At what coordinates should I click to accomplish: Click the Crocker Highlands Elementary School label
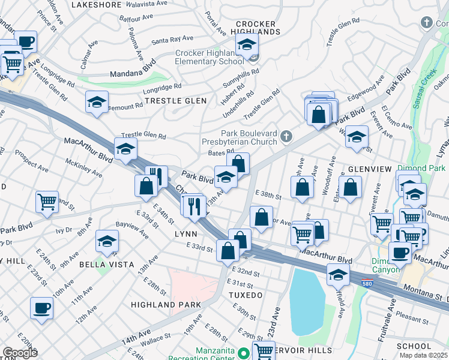point(209,57)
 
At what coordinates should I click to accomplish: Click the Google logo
point(20,353)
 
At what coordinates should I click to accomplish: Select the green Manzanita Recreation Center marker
point(243,352)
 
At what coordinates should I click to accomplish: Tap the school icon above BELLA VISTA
point(107,241)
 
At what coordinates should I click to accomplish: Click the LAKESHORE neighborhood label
point(97,4)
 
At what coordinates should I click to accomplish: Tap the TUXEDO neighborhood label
point(245,295)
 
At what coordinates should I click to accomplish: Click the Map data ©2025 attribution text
point(424,355)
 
